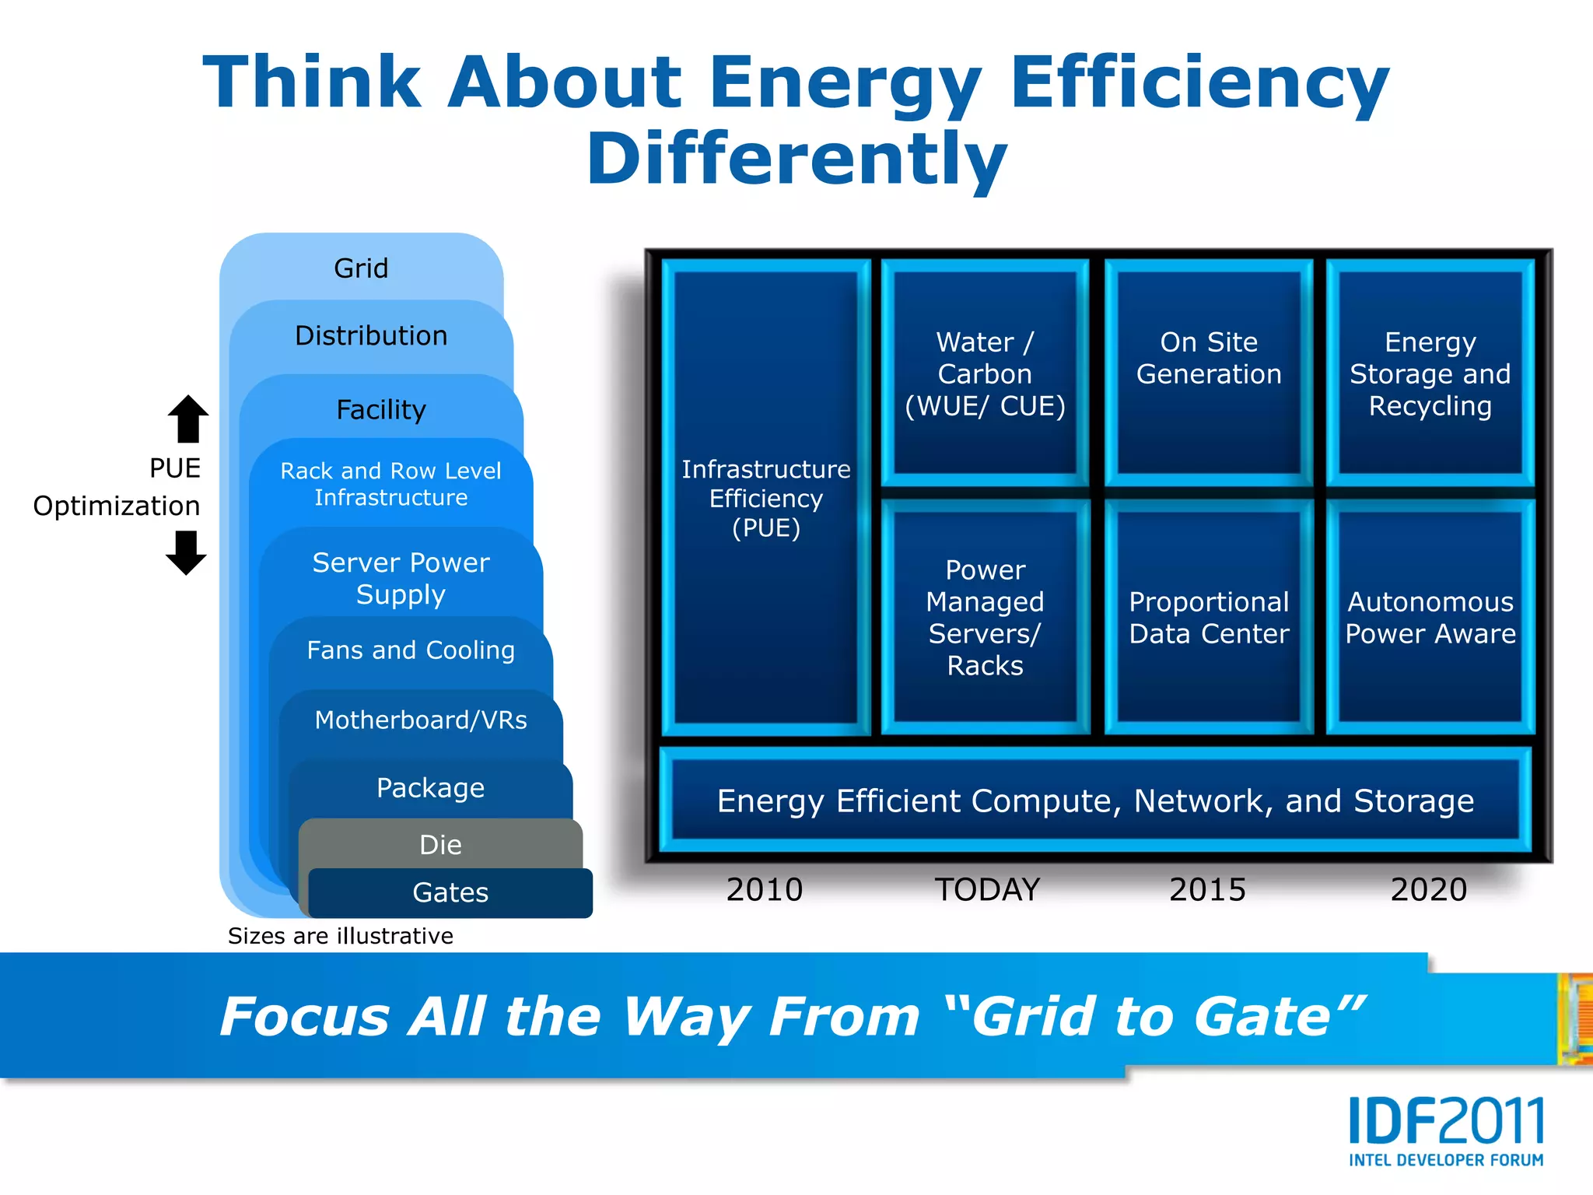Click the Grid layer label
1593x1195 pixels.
tap(361, 268)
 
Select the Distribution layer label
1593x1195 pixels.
tap(371, 335)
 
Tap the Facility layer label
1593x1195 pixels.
tap(381, 409)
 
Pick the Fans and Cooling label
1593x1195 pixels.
tap(411, 650)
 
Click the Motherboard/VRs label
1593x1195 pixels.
tap(421, 720)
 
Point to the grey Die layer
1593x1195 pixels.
tap(440, 844)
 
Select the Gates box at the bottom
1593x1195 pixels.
tap(450, 892)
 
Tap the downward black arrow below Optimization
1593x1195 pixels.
tap(186, 552)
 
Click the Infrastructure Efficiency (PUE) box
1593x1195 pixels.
tap(765, 498)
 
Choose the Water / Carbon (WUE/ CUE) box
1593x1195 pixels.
tap(985, 373)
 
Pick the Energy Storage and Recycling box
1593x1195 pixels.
tap(1430, 373)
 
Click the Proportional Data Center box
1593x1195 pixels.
tap(1209, 617)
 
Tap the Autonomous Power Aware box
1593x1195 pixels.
tap(1430, 617)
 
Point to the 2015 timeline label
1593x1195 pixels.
tap(1207, 889)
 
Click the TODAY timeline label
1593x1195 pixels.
tap(987, 889)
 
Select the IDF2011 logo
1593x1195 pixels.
tap(1445, 1130)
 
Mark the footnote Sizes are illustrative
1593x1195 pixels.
tap(340, 936)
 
